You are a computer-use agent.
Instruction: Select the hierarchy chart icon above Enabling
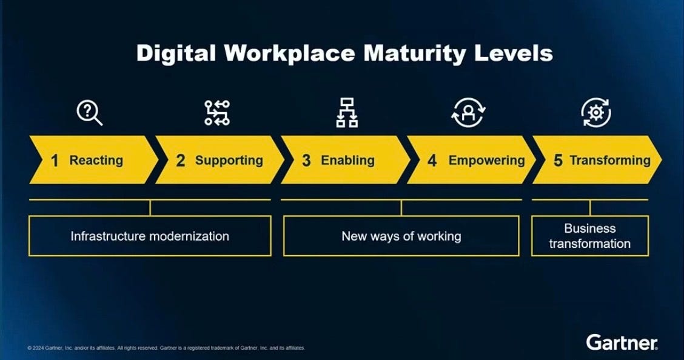[x=347, y=113]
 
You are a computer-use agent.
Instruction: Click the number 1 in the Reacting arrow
[x=55, y=161]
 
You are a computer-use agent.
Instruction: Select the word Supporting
[x=229, y=161]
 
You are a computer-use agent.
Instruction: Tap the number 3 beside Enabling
[x=306, y=161]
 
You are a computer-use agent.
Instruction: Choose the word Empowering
[x=486, y=161]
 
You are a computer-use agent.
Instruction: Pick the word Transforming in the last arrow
[x=609, y=161]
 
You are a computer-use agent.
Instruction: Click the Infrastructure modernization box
[x=150, y=236]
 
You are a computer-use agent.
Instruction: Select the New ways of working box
[x=401, y=236]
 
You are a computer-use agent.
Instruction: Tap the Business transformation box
[x=589, y=236]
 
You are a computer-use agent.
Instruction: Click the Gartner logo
[x=622, y=342]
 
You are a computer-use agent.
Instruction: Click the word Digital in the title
[x=176, y=53]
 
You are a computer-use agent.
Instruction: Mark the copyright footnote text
[x=166, y=348]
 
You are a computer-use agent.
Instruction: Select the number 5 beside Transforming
[x=558, y=161]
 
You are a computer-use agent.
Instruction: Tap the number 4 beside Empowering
[x=432, y=161]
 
